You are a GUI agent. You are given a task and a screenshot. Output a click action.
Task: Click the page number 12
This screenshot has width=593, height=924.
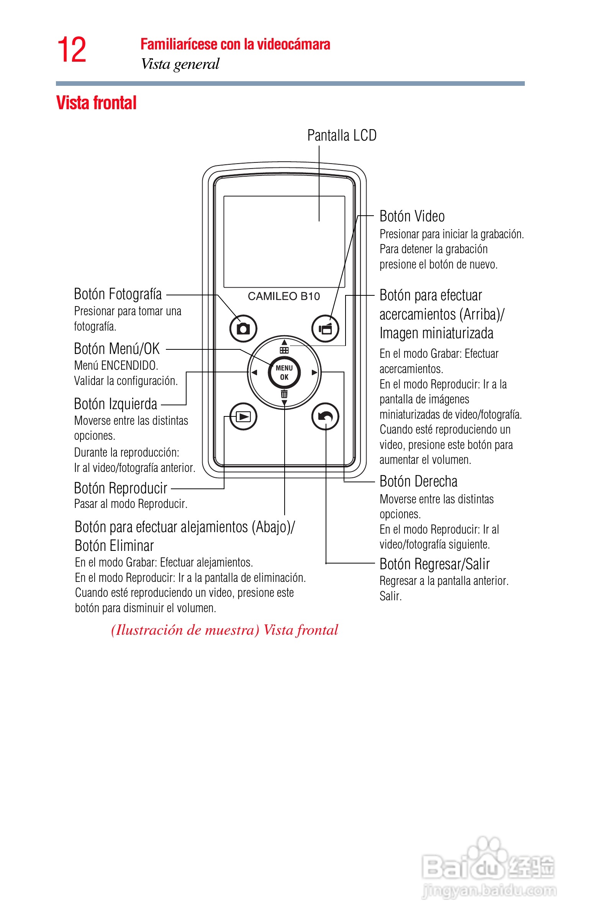(72, 50)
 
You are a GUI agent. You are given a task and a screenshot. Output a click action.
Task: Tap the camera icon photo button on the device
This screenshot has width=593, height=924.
(243, 329)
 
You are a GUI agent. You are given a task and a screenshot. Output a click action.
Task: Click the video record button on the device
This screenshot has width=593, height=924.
(325, 329)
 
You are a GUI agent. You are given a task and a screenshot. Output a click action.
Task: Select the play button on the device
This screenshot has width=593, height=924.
(243, 416)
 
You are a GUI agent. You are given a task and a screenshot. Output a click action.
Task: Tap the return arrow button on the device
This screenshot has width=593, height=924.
(325, 416)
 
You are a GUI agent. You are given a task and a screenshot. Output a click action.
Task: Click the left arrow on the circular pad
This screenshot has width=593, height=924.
(254, 372)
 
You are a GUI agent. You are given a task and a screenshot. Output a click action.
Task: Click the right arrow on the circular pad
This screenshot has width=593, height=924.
(314, 372)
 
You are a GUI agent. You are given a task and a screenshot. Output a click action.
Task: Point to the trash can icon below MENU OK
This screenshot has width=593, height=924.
(284, 394)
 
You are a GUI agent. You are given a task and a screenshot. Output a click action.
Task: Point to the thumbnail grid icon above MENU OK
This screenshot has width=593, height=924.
(284, 350)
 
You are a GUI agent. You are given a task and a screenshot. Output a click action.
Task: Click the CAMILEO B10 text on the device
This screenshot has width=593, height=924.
(284, 296)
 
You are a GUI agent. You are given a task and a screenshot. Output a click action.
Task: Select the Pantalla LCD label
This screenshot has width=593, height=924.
(342, 136)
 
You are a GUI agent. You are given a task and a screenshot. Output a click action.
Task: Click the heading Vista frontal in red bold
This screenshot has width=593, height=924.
(96, 103)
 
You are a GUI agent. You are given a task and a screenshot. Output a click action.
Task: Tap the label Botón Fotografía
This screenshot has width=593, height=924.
(118, 294)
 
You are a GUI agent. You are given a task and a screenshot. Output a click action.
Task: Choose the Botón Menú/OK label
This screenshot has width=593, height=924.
(116, 349)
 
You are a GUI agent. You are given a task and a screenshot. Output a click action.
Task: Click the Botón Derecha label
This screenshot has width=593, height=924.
(418, 482)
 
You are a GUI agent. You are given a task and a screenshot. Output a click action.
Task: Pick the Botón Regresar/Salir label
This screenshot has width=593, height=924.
(434, 564)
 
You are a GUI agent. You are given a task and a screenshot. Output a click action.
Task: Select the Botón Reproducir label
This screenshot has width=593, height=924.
(121, 488)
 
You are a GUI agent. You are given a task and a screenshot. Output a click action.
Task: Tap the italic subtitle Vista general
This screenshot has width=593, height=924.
(180, 64)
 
